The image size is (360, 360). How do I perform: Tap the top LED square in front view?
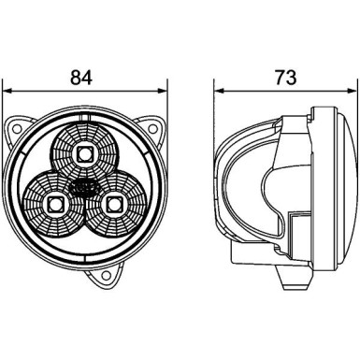pos(85,151)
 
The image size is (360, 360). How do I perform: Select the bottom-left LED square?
pos(54,201)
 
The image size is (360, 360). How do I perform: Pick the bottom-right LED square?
pos(115,201)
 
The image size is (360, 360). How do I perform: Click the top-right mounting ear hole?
pos(151,125)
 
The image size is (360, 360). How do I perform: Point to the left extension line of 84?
pos(6,103)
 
